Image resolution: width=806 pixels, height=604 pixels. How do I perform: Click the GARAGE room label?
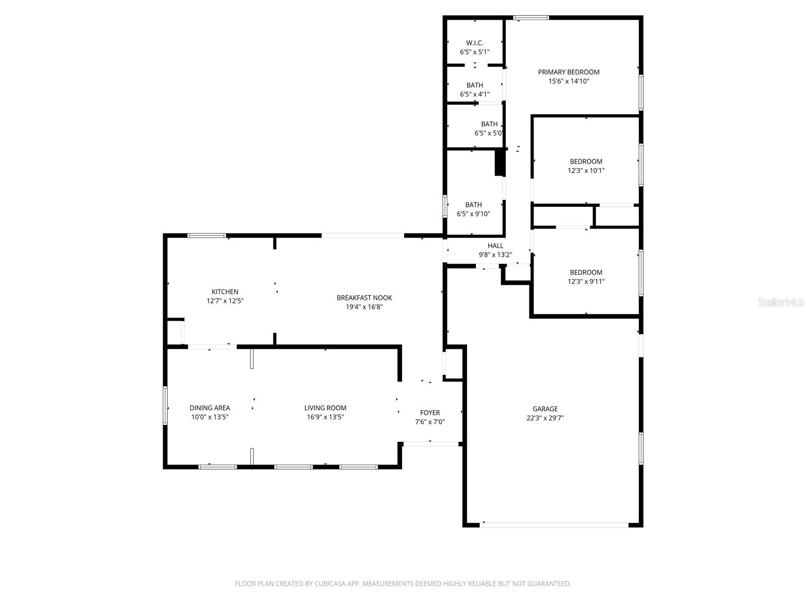[545, 409]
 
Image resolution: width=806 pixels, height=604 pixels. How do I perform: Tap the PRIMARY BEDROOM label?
[568, 72]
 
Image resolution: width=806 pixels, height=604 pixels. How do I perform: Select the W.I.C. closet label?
[475, 43]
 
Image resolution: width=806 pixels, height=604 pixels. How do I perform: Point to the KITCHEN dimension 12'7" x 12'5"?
[225, 301]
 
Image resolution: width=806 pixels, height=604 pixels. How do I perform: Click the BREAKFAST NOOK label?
[364, 298]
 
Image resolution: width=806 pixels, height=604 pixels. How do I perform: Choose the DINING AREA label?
[210, 408]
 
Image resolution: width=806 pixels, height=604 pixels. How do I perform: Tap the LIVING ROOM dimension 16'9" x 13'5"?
[325, 417]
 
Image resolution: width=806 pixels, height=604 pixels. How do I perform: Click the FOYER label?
[430, 413]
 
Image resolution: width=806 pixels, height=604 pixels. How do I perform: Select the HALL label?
[495, 246]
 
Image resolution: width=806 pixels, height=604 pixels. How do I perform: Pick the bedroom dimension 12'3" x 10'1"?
[586, 171]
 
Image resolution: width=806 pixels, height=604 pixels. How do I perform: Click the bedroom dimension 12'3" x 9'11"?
[586, 282]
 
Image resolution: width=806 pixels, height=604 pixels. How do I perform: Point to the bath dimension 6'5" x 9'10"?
[473, 214]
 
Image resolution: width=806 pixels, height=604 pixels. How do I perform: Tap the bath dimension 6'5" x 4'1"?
[475, 94]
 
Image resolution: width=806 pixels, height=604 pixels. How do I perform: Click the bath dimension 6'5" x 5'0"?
[489, 133]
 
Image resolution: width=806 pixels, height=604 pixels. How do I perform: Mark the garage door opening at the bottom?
[554, 525]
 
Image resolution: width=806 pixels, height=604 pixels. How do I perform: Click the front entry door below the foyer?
[431, 444]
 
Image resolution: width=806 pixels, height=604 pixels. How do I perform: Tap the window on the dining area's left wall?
[165, 405]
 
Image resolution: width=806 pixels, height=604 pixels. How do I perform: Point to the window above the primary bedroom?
[531, 18]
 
